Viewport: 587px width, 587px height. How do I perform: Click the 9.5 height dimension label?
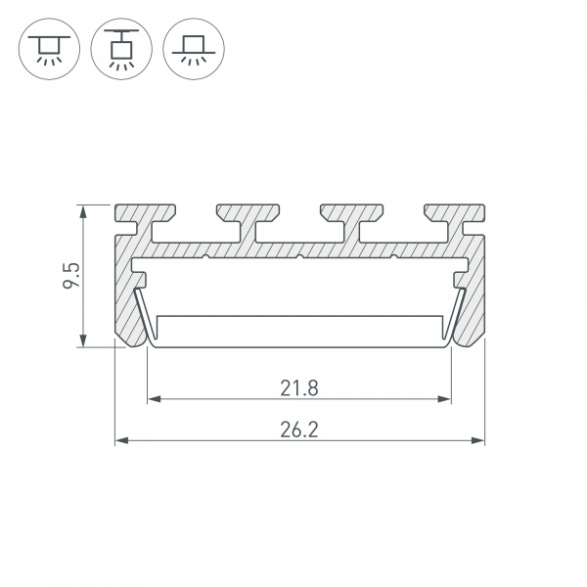tap(71, 275)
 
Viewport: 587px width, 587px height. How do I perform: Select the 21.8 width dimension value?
tap(299, 388)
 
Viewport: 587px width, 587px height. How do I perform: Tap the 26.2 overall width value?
tap(299, 429)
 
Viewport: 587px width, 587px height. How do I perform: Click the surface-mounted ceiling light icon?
tap(49, 49)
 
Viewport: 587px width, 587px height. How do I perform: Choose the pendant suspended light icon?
tap(121, 49)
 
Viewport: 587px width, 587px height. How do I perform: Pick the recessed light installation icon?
tap(194, 49)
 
